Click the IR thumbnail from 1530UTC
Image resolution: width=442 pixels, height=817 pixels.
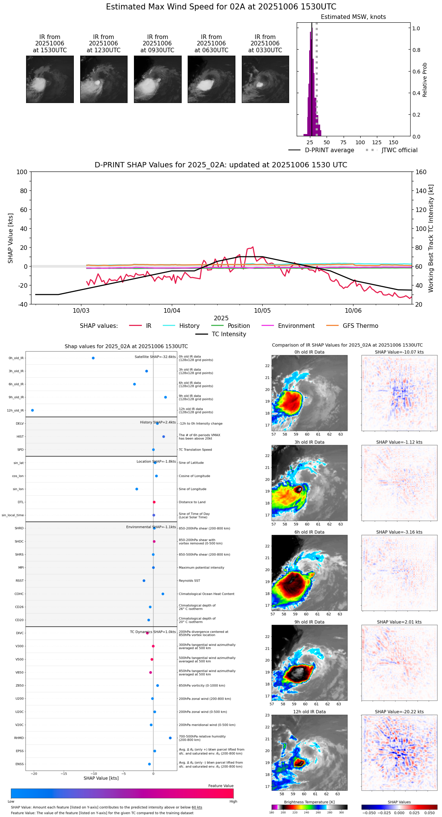(x=50, y=79)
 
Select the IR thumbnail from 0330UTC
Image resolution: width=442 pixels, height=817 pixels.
(x=265, y=79)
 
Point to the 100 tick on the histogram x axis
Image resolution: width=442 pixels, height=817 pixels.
(x=360, y=142)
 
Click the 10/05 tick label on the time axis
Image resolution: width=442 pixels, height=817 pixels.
(x=262, y=310)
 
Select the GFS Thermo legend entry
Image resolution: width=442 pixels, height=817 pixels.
(x=360, y=326)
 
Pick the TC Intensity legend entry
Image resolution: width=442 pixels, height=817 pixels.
(x=229, y=334)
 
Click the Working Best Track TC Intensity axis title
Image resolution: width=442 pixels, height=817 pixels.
(x=431, y=239)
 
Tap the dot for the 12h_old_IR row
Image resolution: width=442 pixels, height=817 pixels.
(x=33, y=410)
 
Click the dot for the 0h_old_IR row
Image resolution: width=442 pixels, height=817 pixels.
(x=93, y=358)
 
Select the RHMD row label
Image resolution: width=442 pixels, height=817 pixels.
(x=19, y=738)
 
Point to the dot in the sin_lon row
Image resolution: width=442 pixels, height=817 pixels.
(x=137, y=489)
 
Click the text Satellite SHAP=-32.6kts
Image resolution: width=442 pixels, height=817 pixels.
(x=155, y=357)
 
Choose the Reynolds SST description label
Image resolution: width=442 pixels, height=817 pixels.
(x=189, y=581)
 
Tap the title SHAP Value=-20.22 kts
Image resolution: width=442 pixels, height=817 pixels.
(x=399, y=712)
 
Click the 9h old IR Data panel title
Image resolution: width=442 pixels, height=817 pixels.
(x=309, y=622)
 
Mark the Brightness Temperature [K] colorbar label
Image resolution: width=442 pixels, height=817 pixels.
(x=309, y=802)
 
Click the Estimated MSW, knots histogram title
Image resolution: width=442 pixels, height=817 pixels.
(x=353, y=17)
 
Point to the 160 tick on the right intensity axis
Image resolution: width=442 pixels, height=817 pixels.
(x=421, y=172)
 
